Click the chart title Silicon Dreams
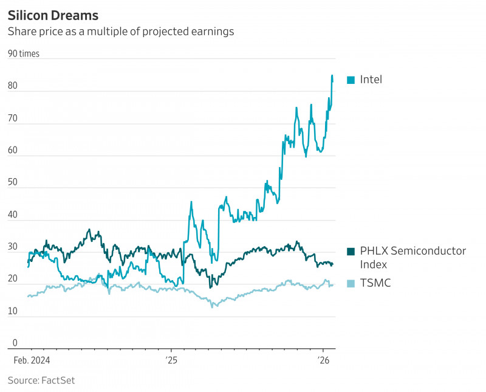[53, 14]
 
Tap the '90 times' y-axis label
[23, 53]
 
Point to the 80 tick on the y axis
[13, 86]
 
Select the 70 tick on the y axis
[13, 119]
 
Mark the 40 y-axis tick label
[13, 215]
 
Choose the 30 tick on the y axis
[13, 247]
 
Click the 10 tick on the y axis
[13, 311]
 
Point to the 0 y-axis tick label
[15, 343]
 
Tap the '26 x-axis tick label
[324, 360]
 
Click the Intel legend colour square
[351, 80]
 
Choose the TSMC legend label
[375, 283]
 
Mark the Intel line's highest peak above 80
[332, 75]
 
